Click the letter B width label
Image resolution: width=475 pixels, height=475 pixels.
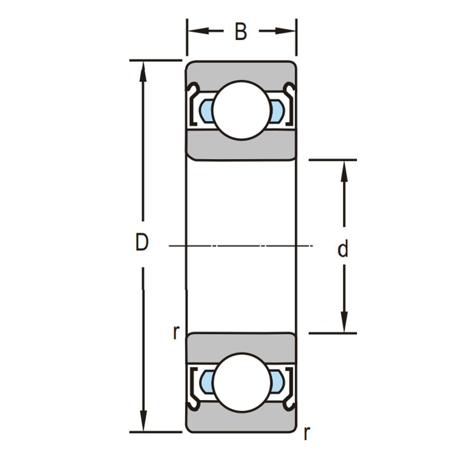pyautogui.click(x=241, y=31)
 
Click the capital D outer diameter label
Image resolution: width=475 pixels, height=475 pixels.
pyautogui.click(x=142, y=242)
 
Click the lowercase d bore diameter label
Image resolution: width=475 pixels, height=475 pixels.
pyautogui.click(x=343, y=249)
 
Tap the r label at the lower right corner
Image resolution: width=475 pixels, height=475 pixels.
pyautogui.click(x=306, y=434)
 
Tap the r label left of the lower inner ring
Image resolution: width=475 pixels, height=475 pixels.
pyautogui.click(x=176, y=332)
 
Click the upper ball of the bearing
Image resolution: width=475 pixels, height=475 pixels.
pyautogui.click(x=241, y=111)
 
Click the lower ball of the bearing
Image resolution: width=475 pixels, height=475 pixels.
pyautogui.click(x=241, y=382)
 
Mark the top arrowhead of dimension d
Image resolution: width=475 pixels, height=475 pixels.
pyautogui.click(x=344, y=171)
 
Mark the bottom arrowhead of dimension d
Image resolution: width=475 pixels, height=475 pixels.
pyautogui.click(x=344, y=322)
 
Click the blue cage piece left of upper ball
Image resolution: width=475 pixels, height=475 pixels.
pyautogui.click(x=206, y=111)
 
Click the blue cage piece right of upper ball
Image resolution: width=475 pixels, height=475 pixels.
pyautogui.click(x=276, y=111)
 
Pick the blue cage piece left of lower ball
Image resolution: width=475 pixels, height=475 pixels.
pyautogui.click(x=206, y=382)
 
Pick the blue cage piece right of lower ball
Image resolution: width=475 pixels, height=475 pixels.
pyautogui.click(x=276, y=382)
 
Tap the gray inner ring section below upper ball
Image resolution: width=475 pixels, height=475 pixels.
pyautogui.click(x=241, y=148)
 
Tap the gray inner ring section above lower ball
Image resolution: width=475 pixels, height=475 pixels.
pyautogui.click(x=241, y=345)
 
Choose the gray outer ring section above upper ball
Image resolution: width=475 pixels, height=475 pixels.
pyautogui.click(x=241, y=72)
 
